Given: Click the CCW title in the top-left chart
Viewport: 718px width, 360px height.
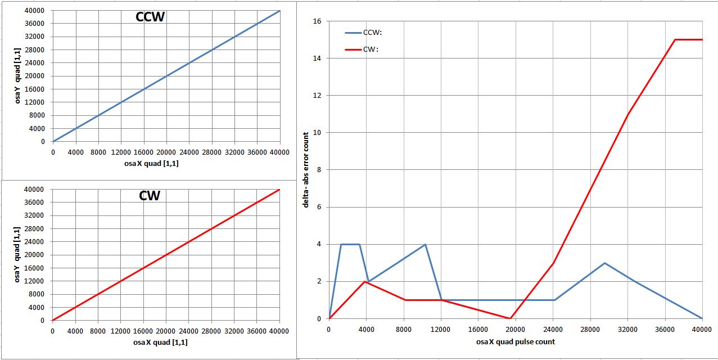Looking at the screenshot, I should [150, 17].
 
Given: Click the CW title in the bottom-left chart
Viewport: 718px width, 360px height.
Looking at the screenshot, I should [150, 196].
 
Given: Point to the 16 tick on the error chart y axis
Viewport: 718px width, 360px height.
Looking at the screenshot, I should [317, 21].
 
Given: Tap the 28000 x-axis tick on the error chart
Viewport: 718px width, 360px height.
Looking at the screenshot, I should [590, 328].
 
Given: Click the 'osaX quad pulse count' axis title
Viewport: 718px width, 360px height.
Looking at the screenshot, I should [515, 341].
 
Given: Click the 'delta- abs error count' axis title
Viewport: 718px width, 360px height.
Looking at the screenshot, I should [306, 170].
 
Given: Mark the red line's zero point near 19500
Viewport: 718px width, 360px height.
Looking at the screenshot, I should [510, 318].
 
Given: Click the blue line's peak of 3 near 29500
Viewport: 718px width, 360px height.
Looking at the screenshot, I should [604, 263].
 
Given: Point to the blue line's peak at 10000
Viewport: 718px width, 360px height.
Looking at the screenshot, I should [425, 244].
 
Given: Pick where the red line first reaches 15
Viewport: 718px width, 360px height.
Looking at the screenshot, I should [675, 40].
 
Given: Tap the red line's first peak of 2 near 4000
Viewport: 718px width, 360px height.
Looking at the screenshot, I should [365, 281].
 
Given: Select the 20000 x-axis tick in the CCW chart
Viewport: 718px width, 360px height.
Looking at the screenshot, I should [166, 152].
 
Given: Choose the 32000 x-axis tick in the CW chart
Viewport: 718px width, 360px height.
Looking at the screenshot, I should [234, 331].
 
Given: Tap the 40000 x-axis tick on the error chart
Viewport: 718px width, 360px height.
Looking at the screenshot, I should [702, 328].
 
